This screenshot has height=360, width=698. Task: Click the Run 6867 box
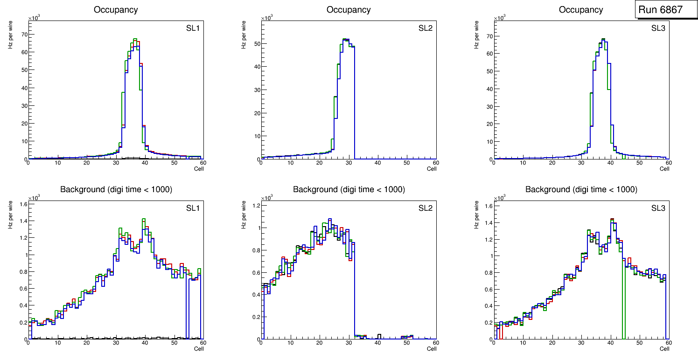click(664, 10)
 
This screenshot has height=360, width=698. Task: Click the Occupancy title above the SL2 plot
click(349, 10)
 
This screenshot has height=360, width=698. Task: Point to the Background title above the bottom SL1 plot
click(116, 189)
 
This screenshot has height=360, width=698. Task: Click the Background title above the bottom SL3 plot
click(581, 189)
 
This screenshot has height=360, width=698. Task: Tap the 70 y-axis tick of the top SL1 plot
click(23, 35)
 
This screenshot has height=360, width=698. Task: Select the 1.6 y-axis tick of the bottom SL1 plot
click(22, 204)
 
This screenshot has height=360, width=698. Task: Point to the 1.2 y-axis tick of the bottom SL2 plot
click(255, 206)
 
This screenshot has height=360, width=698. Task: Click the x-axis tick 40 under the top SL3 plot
click(610, 163)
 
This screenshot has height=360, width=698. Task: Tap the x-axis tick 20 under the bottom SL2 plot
click(319, 343)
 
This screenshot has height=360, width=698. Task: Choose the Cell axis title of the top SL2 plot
click(432, 169)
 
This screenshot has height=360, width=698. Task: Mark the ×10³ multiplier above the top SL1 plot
click(34, 18)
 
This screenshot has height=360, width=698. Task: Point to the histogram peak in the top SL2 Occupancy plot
click(346, 39)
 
